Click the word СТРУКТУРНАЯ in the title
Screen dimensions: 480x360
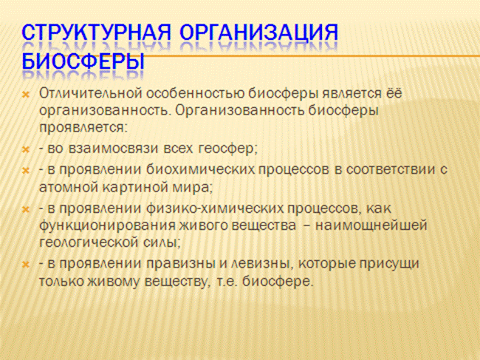coord(96,33)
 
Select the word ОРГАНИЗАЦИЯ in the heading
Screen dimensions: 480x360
coord(258,33)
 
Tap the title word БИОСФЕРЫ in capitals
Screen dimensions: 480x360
coord(83,61)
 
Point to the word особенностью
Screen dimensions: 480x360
coord(195,94)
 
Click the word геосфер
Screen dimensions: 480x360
coord(226,149)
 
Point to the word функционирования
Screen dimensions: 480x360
coord(108,225)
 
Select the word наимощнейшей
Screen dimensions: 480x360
coord(371,225)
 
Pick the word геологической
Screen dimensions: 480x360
coord(89,243)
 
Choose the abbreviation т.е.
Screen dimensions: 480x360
coord(227,282)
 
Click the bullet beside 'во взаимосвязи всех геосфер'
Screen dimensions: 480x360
coord(26,150)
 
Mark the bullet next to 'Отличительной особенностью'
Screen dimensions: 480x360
coord(26,95)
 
